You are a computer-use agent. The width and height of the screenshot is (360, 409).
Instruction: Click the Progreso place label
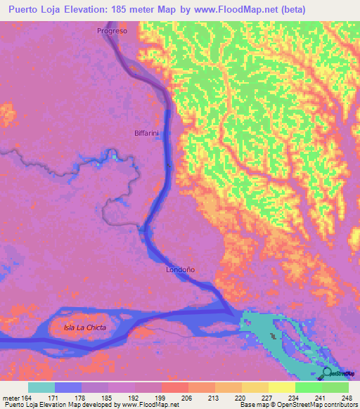pyautogui.click(x=112, y=32)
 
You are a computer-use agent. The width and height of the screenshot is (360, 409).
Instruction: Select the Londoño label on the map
pyautogui.click(x=179, y=269)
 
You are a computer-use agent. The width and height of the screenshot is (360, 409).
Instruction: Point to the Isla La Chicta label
pyautogui.click(x=84, y=328)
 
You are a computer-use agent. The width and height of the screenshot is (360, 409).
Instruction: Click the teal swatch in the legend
pyautogui.click(x=41, y=387)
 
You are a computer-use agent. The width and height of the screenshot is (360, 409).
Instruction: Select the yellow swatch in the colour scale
pyautogui.click(x=281, y=387)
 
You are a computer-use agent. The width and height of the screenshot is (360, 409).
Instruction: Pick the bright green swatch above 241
pyautogui.click(x=308, y=387)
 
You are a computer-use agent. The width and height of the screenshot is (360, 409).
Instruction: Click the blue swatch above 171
pyautogui.click(x=68, y=387)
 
